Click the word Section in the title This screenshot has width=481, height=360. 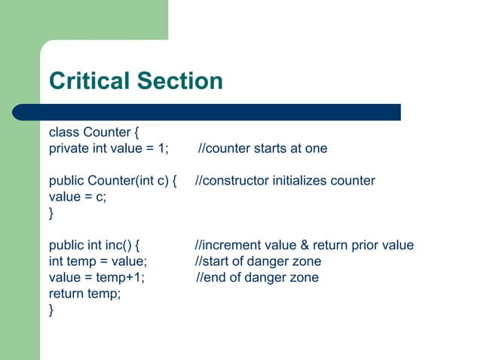[183, 81]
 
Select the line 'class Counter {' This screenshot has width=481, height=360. [94, 133]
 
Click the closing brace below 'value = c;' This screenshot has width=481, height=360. [51, 213]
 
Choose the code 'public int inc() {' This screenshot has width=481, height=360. [97, 246]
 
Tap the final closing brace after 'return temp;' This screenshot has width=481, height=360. [51, 310]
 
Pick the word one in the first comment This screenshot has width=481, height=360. [317, 148]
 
